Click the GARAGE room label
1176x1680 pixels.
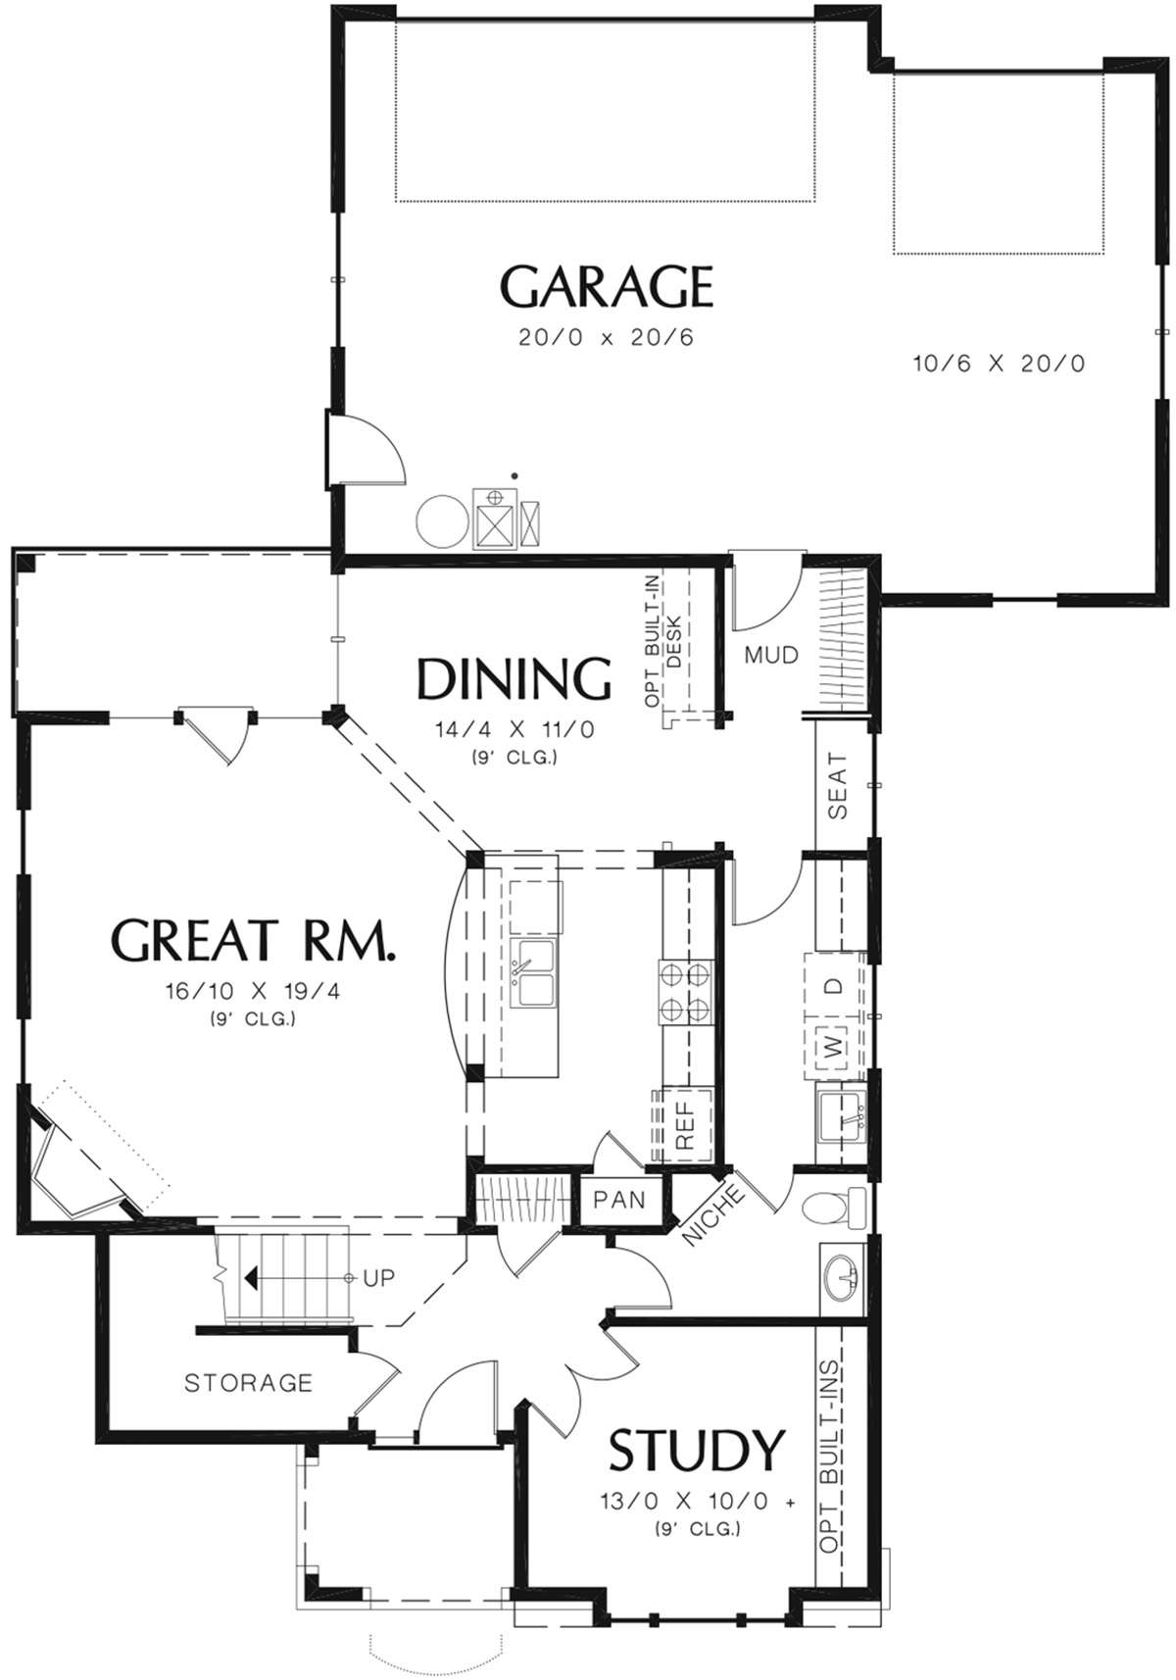(606, 286)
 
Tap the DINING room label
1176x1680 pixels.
(514, 678)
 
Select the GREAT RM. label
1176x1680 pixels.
(252, 940)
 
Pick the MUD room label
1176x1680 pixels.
(772, 655)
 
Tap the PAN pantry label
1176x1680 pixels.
(619, 1200)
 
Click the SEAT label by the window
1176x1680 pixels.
(838, 785)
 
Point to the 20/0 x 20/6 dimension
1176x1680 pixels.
(606, 337)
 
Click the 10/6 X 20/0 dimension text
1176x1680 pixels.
(999, 364)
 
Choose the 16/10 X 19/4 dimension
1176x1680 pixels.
(254, 992)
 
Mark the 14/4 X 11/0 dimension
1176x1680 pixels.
(514, 729)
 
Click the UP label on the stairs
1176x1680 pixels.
(378, 1277)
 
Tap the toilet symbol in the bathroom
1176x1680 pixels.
(833, 1209)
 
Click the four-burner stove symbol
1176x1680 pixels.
(685, 992)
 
